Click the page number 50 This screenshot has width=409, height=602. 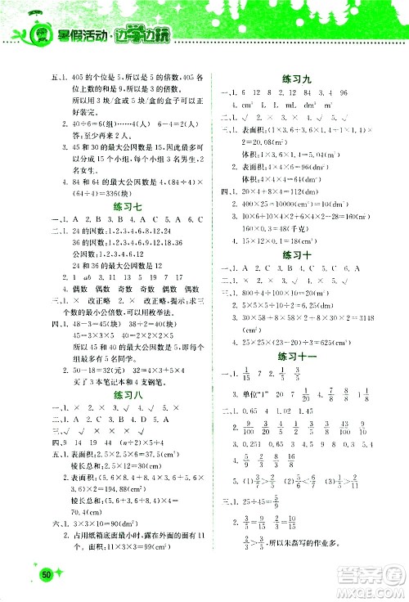point(47,575)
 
